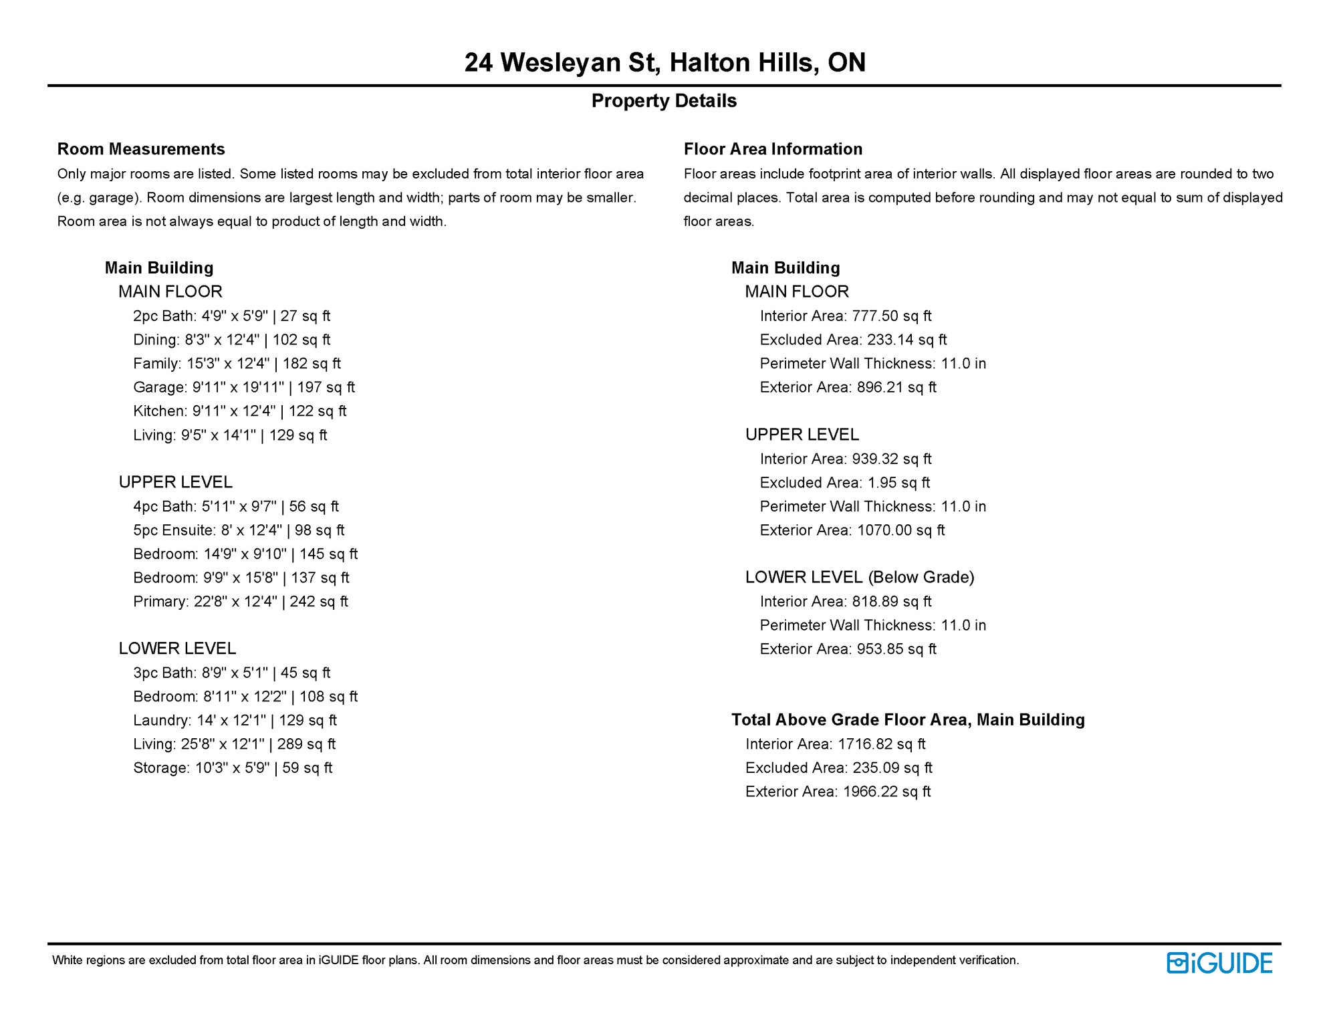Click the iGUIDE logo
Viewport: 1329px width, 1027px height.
(x=1219, y=963)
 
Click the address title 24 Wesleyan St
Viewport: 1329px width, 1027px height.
(x=664, y=63)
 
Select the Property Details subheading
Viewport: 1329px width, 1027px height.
(x=664, y=101)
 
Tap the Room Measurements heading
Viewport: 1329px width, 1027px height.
(x=141, y=149)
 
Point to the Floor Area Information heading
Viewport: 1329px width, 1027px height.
(x=773, y=149)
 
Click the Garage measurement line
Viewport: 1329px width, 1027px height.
(x=244, y=388)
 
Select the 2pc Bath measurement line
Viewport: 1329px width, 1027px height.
(x=231, y=316)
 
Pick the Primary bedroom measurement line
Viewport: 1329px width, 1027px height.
(x=241, y=602)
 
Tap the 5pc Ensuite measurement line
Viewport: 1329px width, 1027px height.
(x=239, y=530)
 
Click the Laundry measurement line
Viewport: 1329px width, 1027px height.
(x=235, y=721)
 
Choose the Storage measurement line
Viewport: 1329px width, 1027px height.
(x=233, y=768)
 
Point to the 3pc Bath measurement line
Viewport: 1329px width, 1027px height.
(x=231, y=673)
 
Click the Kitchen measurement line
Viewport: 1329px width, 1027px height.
(x=239, y=411)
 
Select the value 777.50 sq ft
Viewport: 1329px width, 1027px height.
(x=891, y=316)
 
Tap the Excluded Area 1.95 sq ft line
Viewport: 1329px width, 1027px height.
(x=844, y=483)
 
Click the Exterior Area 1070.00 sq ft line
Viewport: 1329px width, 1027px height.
(x=852, y=531)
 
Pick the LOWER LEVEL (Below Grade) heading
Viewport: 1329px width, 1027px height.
(x=860, y=578)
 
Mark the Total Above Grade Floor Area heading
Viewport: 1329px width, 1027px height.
(x=908, y=720)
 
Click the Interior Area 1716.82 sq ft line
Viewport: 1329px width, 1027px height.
(x=835, y=744)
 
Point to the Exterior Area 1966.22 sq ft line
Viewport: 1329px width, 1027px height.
(x=838, y=792)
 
